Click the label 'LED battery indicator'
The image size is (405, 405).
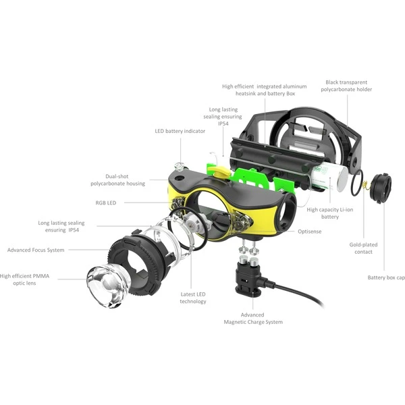coord(180,131)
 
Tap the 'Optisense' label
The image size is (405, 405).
coord(309,232)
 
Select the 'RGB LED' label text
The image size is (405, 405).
coord(106,202)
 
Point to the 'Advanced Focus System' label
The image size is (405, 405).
coord(36,250)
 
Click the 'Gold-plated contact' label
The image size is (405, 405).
coord(363,248)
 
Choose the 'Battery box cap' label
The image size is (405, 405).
coord(386,277)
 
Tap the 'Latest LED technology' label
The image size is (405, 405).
coord(193,298)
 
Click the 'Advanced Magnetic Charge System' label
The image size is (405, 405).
coord(253,319)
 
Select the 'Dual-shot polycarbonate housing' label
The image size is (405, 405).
coord(117,180)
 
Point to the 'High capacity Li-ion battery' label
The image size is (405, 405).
coord(330,213)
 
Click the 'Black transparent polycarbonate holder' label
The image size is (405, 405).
coord(346,86)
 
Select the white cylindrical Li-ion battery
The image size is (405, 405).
coord(329,178)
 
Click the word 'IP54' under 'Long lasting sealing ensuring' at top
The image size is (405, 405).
coord(223,124)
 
